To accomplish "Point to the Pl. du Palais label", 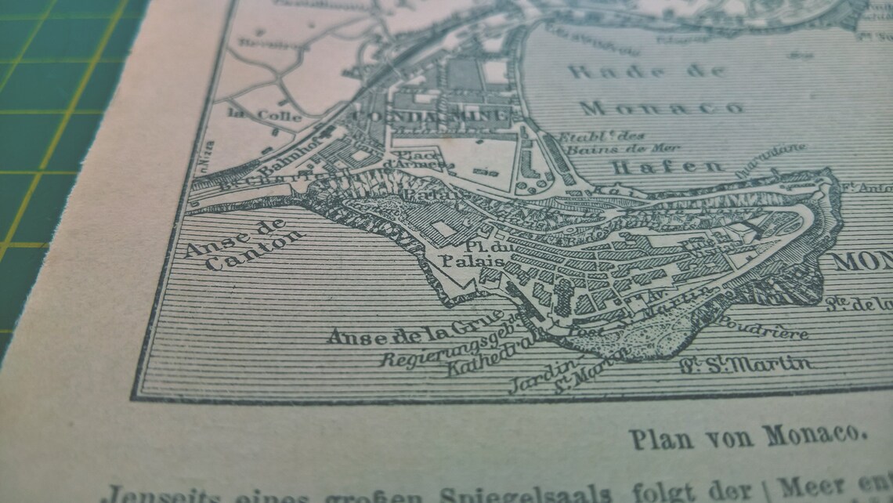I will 461,255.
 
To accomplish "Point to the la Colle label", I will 252,114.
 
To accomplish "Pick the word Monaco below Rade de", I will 662,107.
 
